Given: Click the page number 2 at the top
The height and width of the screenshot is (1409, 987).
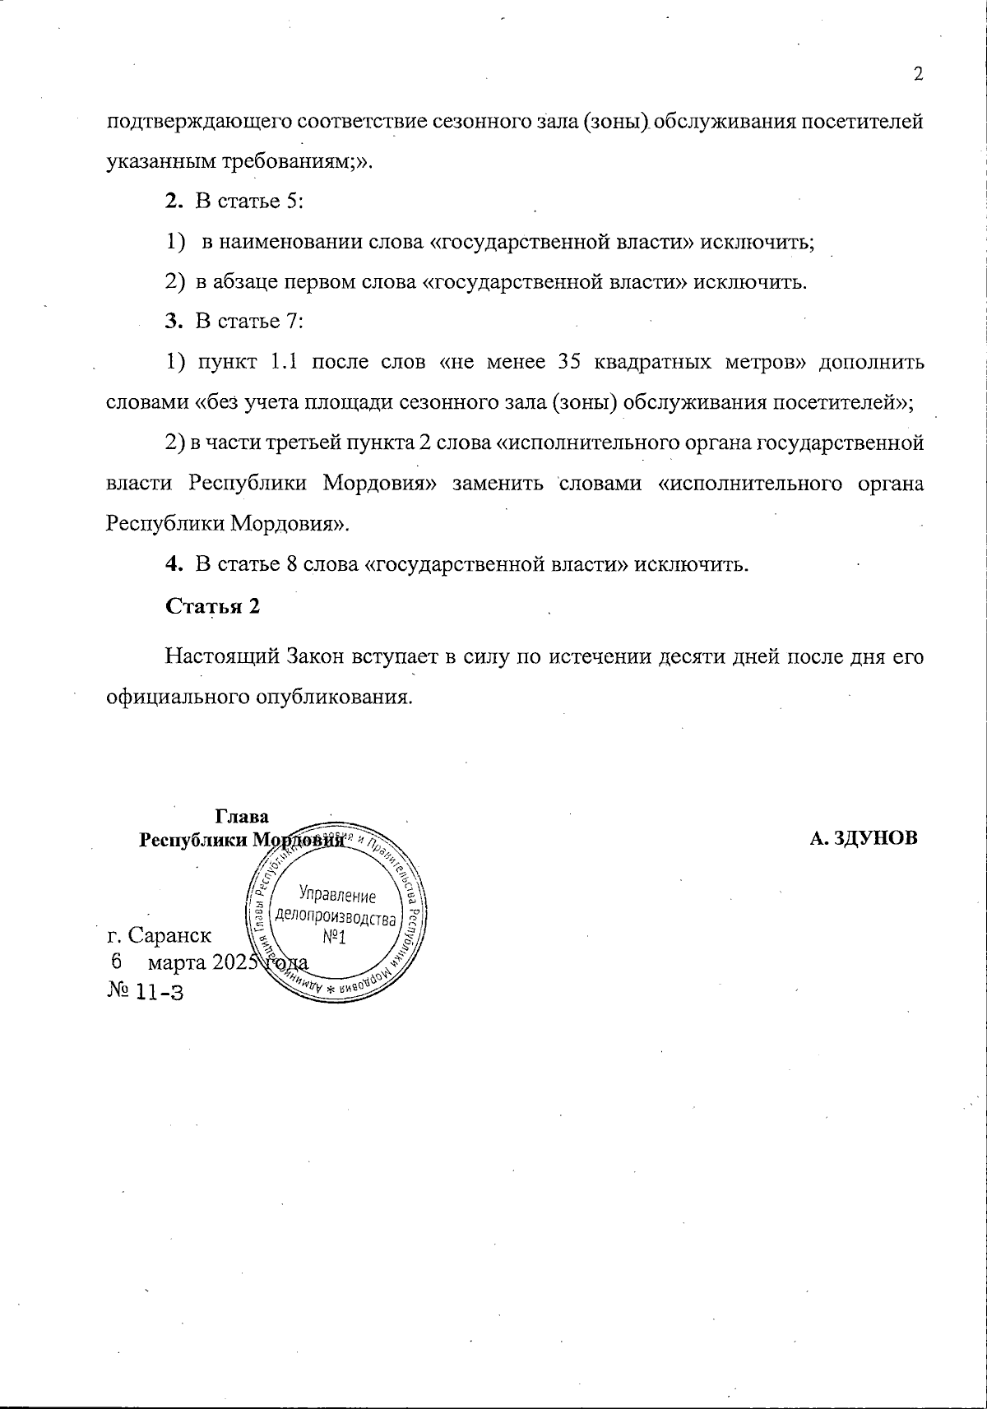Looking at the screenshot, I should click(919, 74).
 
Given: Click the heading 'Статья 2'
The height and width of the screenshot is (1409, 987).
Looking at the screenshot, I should click(213, 606).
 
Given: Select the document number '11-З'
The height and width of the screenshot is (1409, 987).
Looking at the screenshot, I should click(160, 993).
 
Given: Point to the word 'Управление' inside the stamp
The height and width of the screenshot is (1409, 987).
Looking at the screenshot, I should click(337, 895).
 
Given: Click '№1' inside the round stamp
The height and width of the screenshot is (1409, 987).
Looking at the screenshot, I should click(333, 938).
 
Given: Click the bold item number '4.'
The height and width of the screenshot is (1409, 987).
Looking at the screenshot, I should click(173, 565).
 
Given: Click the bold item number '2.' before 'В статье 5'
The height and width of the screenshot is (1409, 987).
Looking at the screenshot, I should click(173, 202).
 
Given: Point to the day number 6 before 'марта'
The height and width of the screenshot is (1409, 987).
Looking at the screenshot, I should click(115, 962).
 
